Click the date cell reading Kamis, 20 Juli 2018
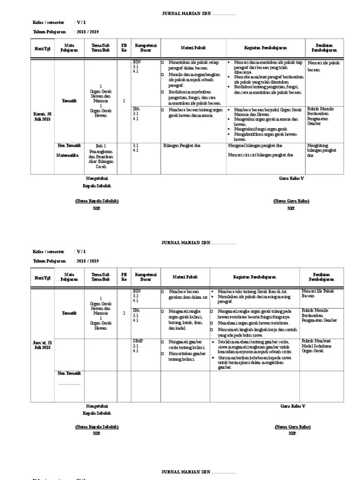coord(43,116)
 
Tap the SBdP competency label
coord(138,341)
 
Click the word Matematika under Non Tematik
coord(67,155)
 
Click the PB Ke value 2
coord(124,313)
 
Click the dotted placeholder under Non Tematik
coord(69,383)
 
